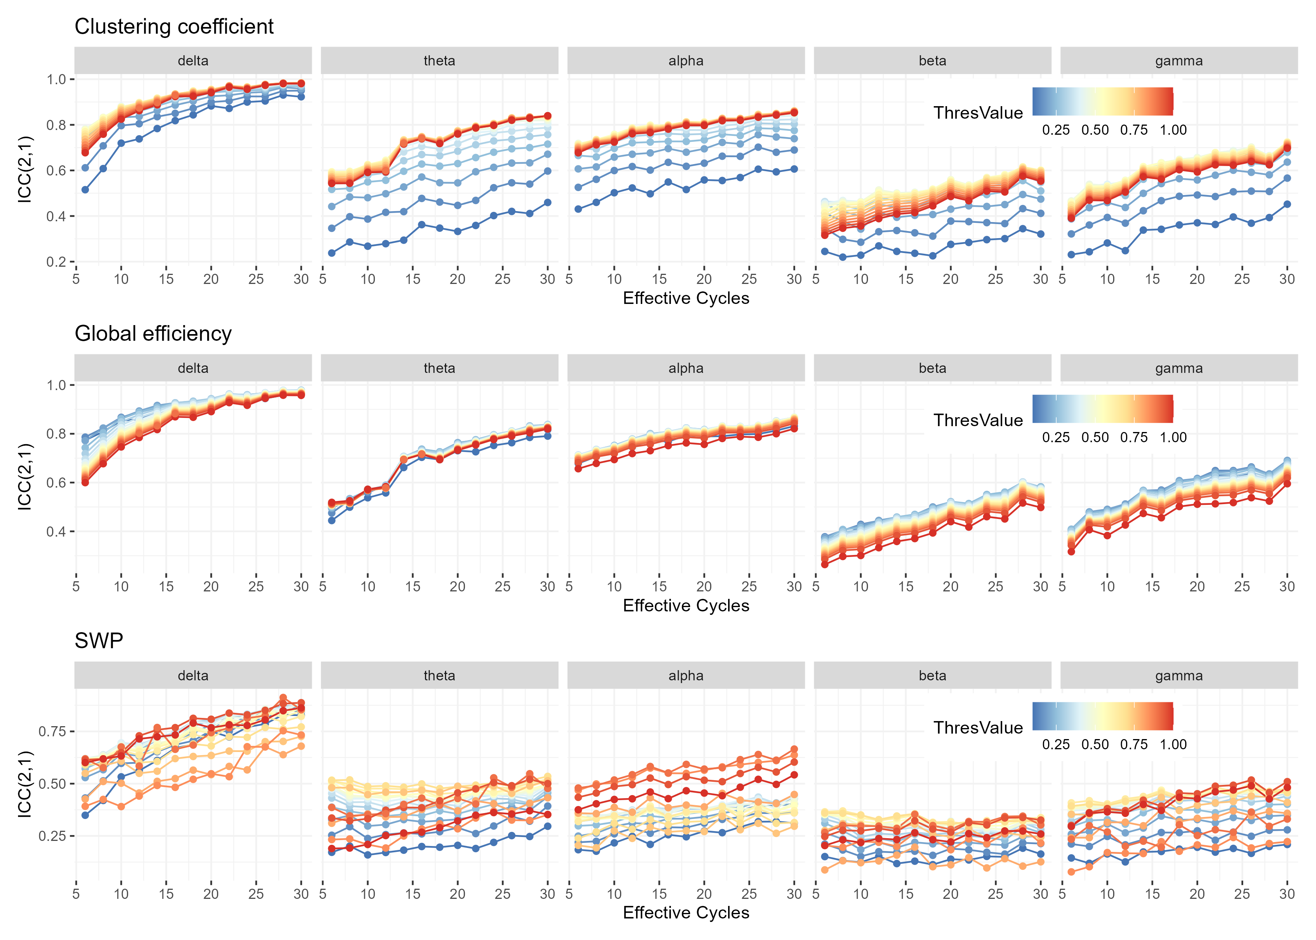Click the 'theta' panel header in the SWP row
439,676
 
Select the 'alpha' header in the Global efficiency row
686,368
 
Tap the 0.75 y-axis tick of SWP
52,732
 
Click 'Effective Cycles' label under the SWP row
686,913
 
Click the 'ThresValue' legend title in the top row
978,113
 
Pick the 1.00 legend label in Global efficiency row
1173,437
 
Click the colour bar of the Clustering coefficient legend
1103,101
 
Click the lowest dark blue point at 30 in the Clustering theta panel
548,202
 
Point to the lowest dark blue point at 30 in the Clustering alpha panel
794,169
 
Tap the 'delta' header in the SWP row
193,676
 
